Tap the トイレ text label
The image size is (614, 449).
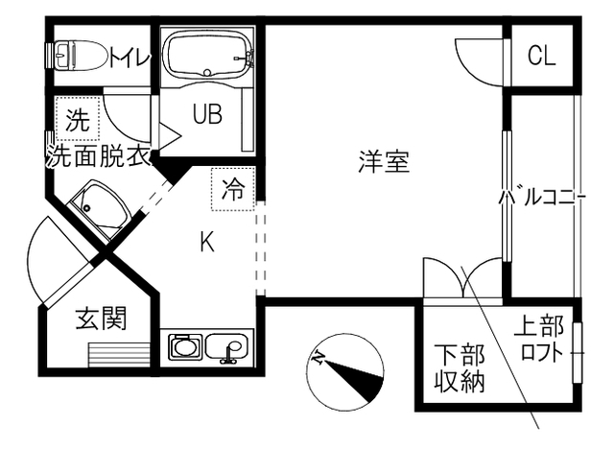pyautogui.click(x=130, y=58)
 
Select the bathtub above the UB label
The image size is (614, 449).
pyautogui.click(x=207, y=56)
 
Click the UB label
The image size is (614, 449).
pyautogui.click(x=206, y=115)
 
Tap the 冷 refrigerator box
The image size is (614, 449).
pyautogui.click(x=233, y=188)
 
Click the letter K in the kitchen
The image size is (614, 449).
pyautogui.click(x=206, y=243)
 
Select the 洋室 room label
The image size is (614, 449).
pyautogui.click(x=385, y=161)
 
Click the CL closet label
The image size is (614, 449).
pyautogui.click(x=541, y=56)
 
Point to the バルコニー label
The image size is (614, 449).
pyautogui.click(x=542, y=198)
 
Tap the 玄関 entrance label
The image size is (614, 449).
pyautogui.click(x=101, y=318)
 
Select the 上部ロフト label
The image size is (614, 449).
pyautogui.click(x=542, y=338)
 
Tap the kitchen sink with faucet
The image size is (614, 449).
pyautogui.click(x=227, y=347)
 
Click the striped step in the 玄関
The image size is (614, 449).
pyautogui.click(x=120, y=354)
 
